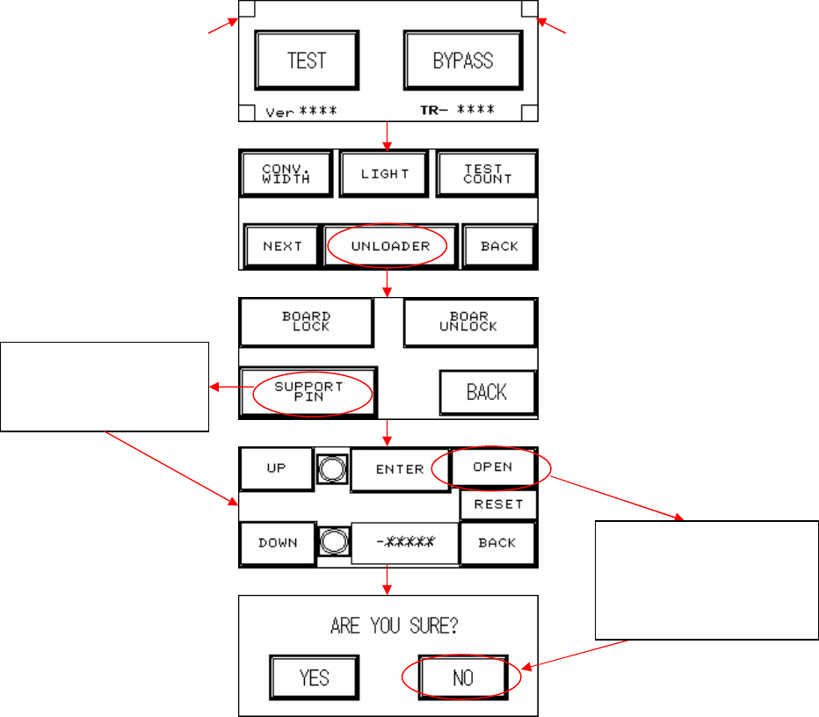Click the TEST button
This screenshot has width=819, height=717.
307,61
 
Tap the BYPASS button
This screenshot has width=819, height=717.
462,61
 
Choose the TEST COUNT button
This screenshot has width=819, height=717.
487,173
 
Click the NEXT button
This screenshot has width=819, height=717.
282,246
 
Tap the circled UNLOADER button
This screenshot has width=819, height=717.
390,246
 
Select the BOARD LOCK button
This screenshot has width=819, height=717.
307,321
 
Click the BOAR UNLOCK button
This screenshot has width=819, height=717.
469,322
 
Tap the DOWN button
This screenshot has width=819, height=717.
277,543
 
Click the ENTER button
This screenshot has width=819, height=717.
400,469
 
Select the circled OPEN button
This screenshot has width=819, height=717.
493,467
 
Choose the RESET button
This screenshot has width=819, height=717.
498,504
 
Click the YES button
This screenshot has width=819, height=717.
314,677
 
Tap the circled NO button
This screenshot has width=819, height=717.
462,677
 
